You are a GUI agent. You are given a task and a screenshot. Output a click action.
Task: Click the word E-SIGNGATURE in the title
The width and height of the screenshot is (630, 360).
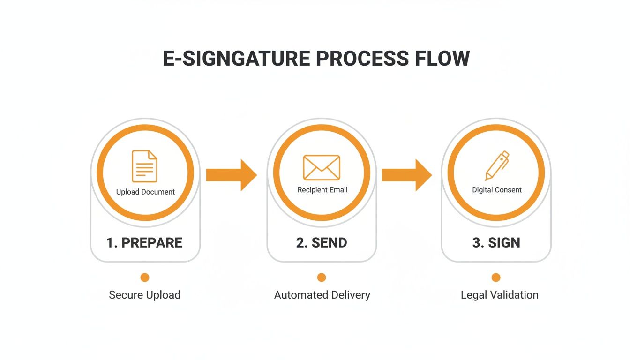click(236, 58)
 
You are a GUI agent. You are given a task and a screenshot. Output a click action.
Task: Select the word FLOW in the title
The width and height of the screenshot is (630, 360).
click(442, 58)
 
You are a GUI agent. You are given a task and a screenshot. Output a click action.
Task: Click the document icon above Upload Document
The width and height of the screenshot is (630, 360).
click(145, 166)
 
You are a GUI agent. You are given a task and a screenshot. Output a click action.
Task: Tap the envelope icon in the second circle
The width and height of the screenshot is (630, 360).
click(322, 167)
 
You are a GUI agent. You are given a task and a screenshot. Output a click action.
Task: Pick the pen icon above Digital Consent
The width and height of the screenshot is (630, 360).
click(497, 165)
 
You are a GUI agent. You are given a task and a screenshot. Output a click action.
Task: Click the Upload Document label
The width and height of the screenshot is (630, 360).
click(145, 192)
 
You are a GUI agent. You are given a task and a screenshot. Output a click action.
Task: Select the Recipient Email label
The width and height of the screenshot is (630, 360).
click(322, 190)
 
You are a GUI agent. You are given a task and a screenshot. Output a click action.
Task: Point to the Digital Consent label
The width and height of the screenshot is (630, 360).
click(497, 190)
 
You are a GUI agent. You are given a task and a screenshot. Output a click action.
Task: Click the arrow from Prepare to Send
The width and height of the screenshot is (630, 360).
click(231, 175)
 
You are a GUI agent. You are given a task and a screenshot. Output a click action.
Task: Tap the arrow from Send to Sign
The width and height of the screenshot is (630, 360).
click(406, 175)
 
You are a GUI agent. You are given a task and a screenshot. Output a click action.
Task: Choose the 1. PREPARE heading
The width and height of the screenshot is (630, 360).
click(144, 242)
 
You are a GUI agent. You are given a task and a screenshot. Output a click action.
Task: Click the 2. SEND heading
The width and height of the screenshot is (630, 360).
click(322, 242)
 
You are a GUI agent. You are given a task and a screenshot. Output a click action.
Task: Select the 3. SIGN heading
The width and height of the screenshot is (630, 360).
click(496, 242)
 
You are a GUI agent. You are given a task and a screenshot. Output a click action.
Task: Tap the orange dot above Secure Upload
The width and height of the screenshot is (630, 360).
click(145, 277)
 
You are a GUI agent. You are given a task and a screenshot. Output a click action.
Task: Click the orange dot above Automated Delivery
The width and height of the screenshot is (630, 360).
click(322, 277)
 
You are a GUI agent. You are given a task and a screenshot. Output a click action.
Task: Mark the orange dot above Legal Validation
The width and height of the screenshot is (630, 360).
click(496, 277)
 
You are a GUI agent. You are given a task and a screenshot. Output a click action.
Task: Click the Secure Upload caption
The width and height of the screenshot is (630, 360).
click(144, 295)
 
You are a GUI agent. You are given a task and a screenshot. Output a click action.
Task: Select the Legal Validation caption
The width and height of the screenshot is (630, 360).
click(499, 295)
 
